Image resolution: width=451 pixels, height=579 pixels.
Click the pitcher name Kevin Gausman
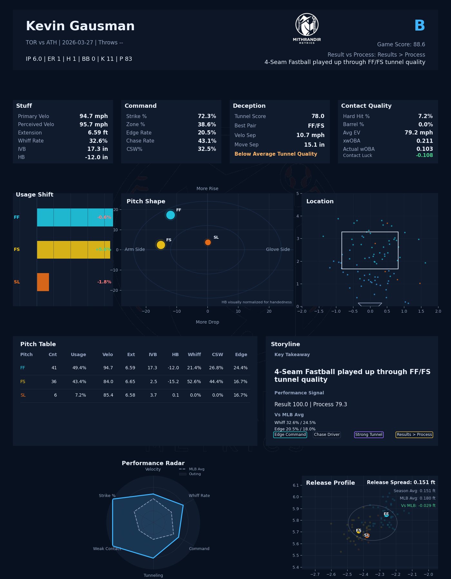point(80,26)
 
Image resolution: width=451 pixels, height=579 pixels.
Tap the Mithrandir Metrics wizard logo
point(307,25)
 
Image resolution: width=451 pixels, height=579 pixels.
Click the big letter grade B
point(419,26)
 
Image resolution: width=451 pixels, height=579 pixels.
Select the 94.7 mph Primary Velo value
point(94,116)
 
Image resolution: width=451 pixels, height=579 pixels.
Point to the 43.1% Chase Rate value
point(207,141)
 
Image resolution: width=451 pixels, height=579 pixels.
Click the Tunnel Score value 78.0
point(318,116)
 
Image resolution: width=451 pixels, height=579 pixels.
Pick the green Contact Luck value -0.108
point(424,156)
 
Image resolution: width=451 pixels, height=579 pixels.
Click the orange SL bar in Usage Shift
point(43,282)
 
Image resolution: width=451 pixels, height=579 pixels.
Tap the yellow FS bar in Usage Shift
point(73,250)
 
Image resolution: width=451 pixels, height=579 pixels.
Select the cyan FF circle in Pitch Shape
point(170,215)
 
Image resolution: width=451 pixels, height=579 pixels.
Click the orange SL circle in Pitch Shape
point(208,242)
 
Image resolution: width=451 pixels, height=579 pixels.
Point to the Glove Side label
point(278,250)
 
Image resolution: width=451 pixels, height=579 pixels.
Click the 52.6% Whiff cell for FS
point(194,382)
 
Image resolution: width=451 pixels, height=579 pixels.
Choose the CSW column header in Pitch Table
point(217,355)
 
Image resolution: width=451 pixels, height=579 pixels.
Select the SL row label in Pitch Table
point(23,395)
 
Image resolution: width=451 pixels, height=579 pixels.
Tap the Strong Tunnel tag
point(369,435)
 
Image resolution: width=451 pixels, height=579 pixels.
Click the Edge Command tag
point(290,435)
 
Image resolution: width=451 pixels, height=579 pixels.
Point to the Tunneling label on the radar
point(153,575)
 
